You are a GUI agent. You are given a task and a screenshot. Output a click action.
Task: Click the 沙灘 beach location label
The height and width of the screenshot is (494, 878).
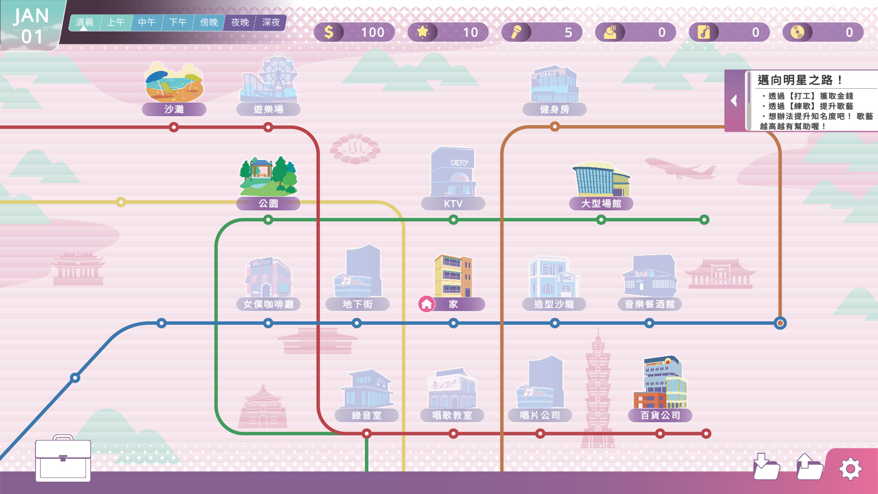click(174, 109)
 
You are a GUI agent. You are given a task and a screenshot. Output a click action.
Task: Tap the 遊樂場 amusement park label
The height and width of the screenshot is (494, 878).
click(268, 109)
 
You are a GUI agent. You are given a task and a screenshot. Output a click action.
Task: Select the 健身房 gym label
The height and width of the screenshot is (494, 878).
click(554, 109)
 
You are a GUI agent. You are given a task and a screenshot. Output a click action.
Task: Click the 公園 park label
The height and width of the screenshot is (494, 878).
click(268, 204)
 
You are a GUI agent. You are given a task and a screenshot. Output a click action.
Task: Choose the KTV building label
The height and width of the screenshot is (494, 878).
click(453, 204)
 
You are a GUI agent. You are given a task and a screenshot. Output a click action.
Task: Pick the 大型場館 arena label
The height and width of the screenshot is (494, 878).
click(601, 204)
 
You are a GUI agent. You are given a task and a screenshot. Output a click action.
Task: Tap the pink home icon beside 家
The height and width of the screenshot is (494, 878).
click(426, 304)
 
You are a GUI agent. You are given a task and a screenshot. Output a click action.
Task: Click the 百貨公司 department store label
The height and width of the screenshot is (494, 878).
click(660, 415)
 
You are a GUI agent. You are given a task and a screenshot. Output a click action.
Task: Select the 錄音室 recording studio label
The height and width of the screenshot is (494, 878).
click(366, 415)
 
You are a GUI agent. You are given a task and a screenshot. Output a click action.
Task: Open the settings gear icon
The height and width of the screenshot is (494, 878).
click(850, 469)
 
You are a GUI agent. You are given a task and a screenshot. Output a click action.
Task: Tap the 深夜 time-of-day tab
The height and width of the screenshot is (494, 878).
click(271, 22)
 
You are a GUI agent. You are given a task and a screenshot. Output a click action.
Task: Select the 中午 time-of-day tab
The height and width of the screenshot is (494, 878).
click(147, 22)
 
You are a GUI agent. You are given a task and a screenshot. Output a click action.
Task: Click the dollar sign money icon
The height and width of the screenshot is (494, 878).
click(329, 32)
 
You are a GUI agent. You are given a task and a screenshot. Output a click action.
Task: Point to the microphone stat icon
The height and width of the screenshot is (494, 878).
click(516, 32)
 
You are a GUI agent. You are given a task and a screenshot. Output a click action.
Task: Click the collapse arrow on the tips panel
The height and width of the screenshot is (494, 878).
click(734, 101)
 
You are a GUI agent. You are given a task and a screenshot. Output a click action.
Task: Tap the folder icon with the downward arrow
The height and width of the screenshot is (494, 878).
click(766, 467)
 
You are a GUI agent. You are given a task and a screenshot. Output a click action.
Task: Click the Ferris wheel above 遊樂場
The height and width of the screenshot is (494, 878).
click(278, 73)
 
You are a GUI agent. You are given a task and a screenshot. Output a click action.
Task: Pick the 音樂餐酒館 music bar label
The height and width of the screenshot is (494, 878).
click(649, 304)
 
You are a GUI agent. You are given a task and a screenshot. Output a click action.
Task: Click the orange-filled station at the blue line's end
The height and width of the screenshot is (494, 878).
click(780, 323)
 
